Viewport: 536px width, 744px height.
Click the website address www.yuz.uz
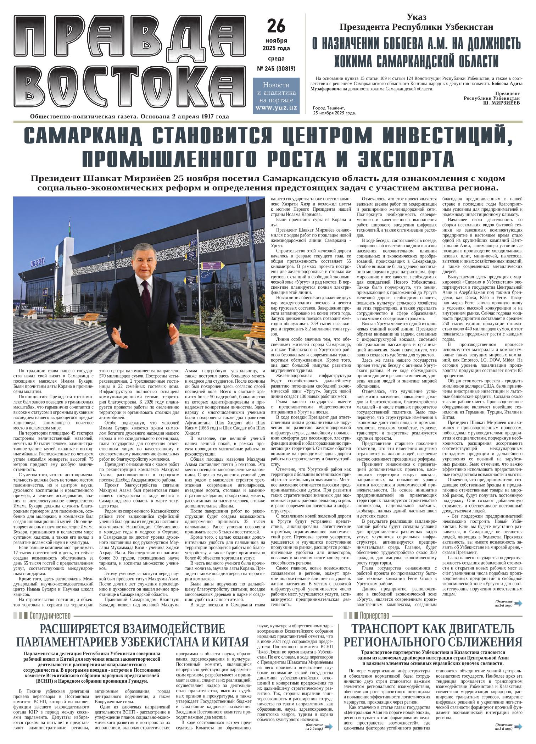coord(276,108)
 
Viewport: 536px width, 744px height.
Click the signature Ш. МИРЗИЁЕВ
coord(502,102)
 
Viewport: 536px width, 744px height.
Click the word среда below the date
coord(276,59)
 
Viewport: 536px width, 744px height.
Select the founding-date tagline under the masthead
coord(130,116)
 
